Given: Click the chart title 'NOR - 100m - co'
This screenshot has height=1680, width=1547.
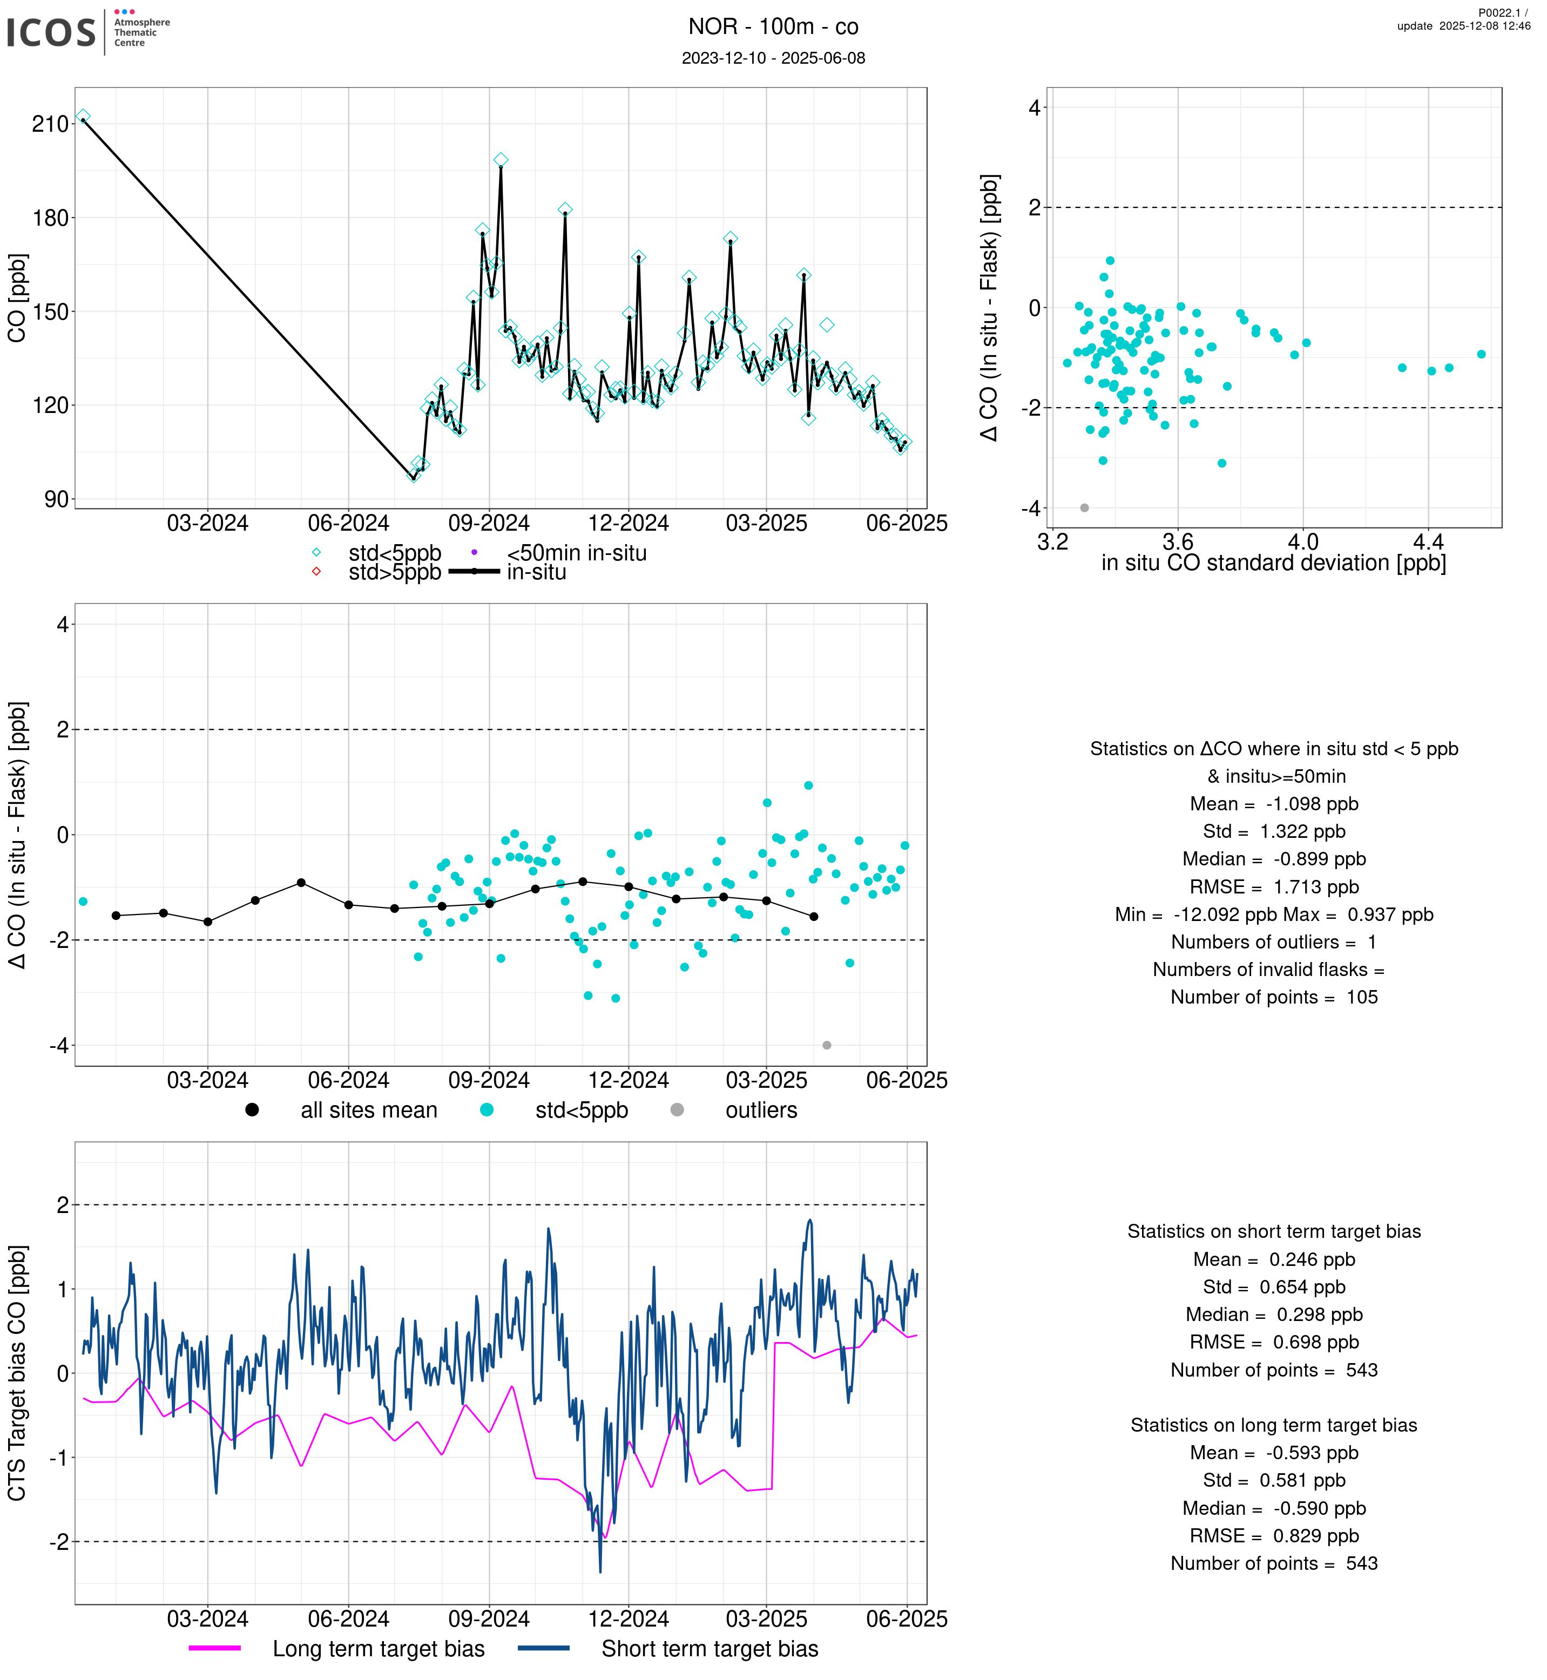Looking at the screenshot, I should coord(773,27).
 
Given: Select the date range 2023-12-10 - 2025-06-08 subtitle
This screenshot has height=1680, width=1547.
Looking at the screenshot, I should coord(773,58).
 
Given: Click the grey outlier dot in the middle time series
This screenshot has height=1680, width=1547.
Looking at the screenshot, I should coord(827,1046).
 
